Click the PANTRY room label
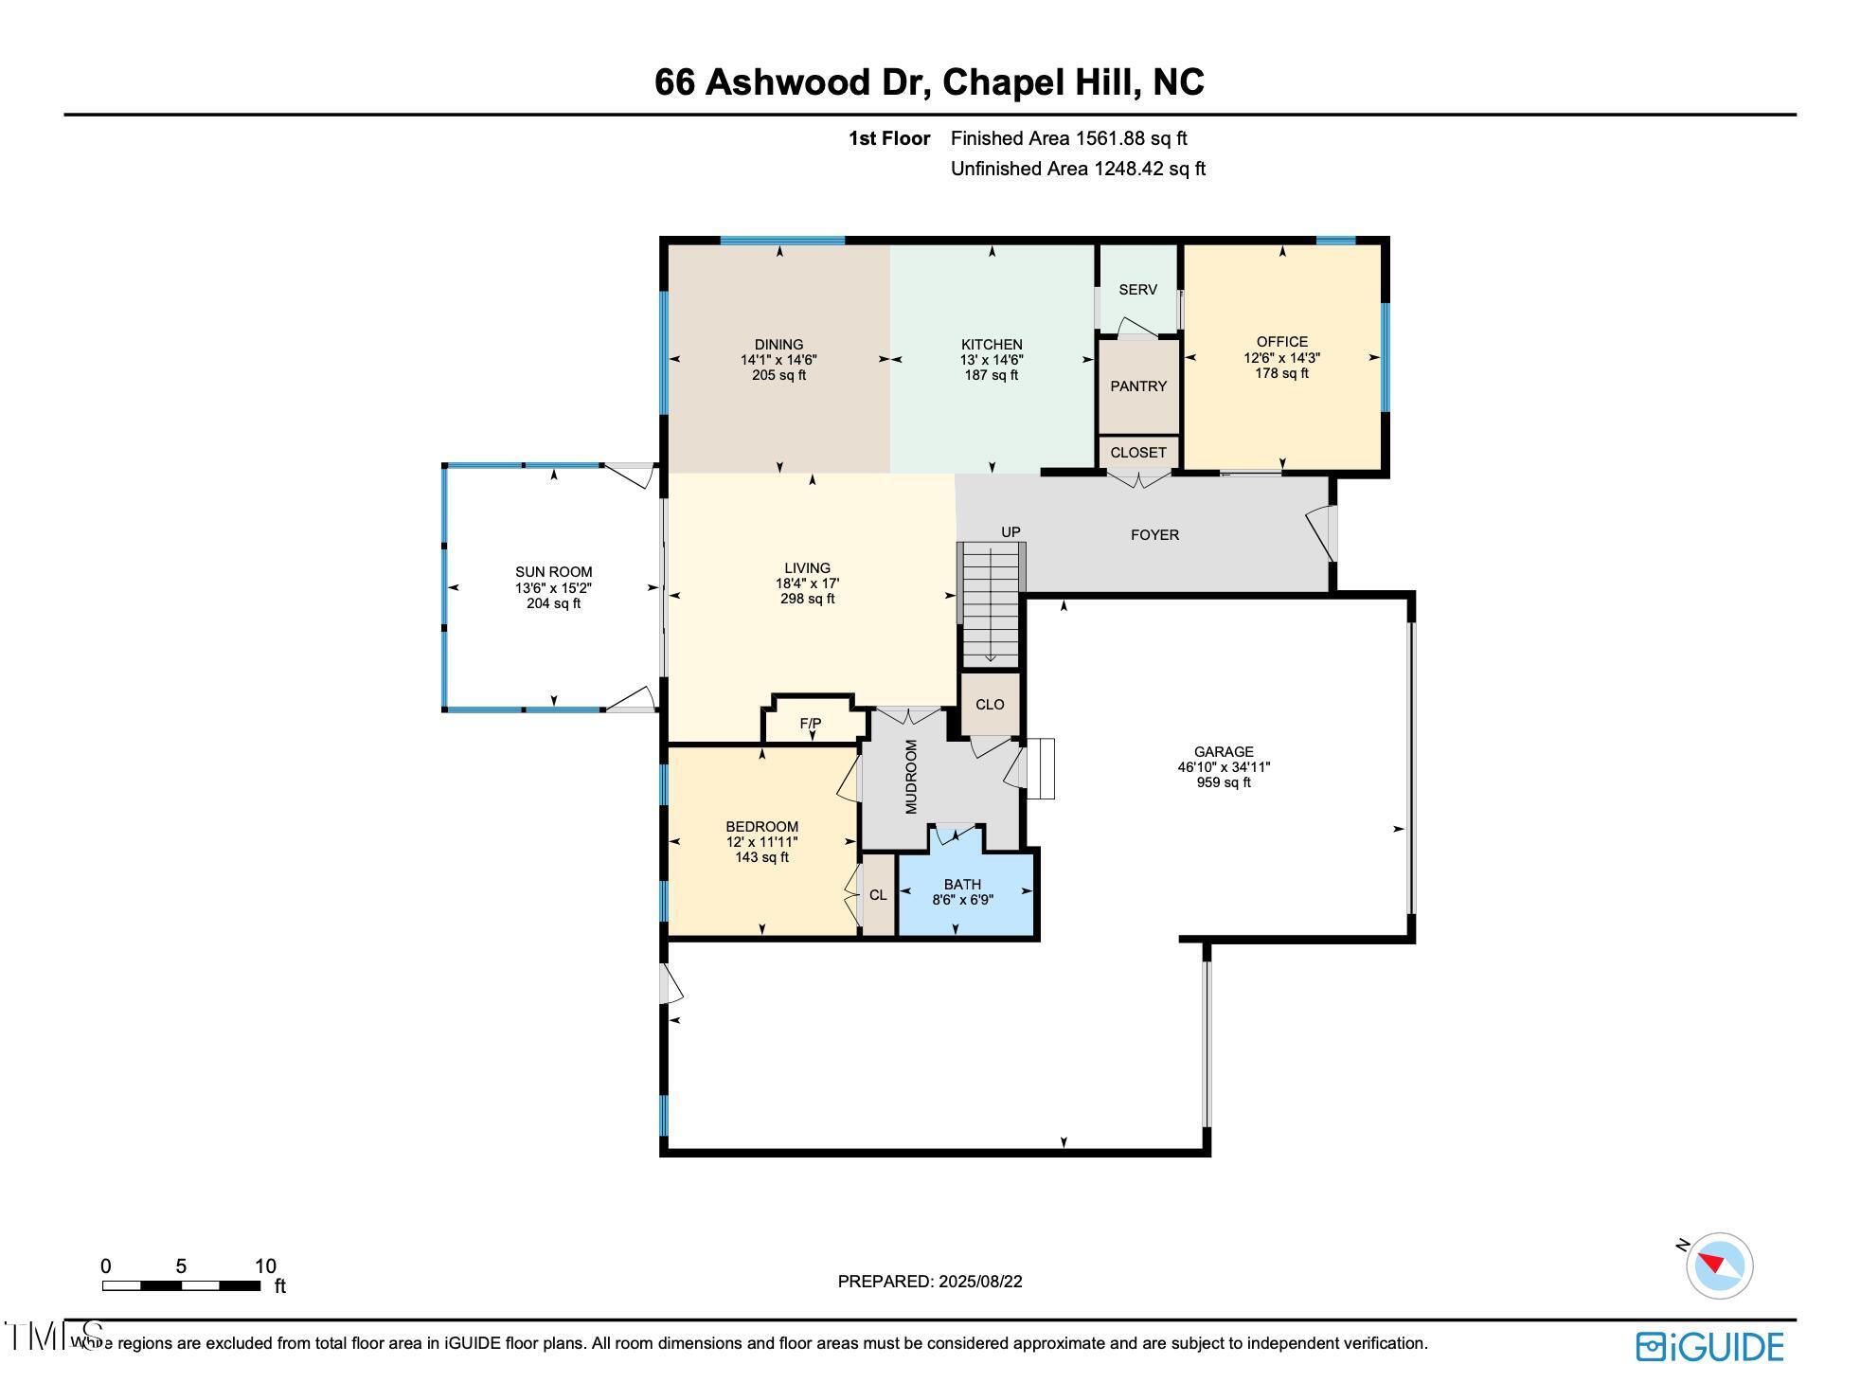pos(1137,386)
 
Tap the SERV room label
pos(1136,290)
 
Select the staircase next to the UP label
pos(991,606)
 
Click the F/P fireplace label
pos(810,724)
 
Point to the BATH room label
pos(961,885)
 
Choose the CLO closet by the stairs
pos(990,705)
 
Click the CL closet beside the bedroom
pos(878,895)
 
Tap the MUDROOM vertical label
pos(911,777)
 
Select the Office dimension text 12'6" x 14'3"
pos(1281,358)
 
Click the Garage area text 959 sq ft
pos(1223,782)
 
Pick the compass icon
pos(1718,1265)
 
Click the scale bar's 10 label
pos(265,1266)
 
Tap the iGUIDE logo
pos(1709,1347)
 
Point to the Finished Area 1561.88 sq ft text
pos(1068,138)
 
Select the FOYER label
pos(1154,535)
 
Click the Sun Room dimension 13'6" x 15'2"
pos(553,588)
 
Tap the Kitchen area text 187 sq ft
pos(991,375)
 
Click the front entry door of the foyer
pos(1323,535)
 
